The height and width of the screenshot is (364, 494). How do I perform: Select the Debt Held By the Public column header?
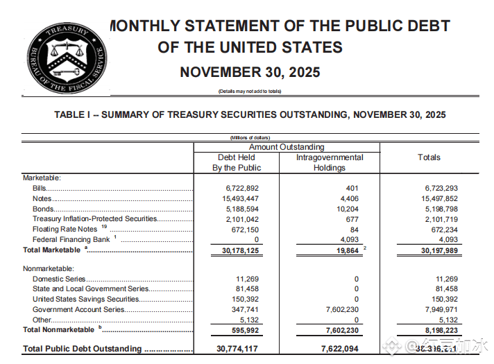point(237,162)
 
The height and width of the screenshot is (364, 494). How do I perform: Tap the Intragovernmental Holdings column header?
point(330,162)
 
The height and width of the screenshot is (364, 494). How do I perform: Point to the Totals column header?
point(429,157)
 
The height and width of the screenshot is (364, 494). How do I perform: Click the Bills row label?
point(40,188)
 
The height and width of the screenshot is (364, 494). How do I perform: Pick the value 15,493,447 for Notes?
point(237,198)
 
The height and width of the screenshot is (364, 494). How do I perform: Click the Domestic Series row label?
point(58,279)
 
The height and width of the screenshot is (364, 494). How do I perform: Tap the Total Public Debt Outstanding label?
point(82,349)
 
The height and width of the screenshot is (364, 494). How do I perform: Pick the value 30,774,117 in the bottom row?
point(237,349)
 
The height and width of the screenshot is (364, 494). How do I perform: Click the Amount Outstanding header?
point(287,147)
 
